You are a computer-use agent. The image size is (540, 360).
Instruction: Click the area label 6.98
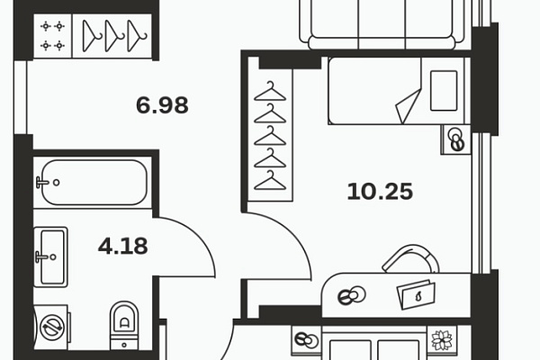[162, 105]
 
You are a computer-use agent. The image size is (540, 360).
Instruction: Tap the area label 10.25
[380, 192]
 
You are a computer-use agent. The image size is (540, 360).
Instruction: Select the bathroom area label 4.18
[123, 246]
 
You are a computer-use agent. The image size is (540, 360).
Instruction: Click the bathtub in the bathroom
[93, 182]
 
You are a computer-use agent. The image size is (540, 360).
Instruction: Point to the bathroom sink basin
[51, 256]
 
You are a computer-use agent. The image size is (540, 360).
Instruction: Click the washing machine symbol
[51, 328]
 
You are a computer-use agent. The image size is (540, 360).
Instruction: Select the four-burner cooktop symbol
[53, 36]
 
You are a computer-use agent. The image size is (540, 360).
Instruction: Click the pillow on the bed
[444, 91]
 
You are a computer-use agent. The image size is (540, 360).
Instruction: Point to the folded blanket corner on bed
[409, 106]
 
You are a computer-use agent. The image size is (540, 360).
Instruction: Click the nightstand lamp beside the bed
[457, 139]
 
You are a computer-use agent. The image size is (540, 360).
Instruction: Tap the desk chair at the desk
[411, 258]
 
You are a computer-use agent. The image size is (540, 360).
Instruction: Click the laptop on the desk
[417, 294]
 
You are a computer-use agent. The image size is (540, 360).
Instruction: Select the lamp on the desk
[351, 295]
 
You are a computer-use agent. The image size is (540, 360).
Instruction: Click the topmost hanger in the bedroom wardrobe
[270, 91]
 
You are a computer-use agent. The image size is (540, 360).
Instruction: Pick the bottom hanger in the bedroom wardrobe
[270, 180]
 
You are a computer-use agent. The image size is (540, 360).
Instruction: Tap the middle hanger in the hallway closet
[114, 36]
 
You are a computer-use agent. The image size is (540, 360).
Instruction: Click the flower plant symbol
[442, 340]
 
